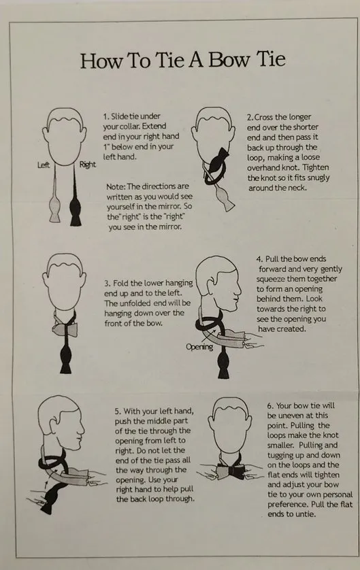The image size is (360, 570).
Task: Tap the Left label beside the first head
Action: (44, 165)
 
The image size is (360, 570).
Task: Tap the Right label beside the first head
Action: (88, 165)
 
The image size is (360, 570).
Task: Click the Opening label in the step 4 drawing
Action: (199, 347)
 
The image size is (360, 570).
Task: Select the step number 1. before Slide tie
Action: (105, 116)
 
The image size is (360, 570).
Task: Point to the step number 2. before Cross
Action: (250, 118)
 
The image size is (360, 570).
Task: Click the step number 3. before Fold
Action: (108, 283)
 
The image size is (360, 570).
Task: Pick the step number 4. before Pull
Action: (259, 259)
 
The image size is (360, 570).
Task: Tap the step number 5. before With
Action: (118, 411)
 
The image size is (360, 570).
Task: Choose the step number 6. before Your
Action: (270, 405)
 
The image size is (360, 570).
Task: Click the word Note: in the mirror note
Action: (116, 186)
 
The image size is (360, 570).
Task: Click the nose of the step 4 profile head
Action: (238, 292)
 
